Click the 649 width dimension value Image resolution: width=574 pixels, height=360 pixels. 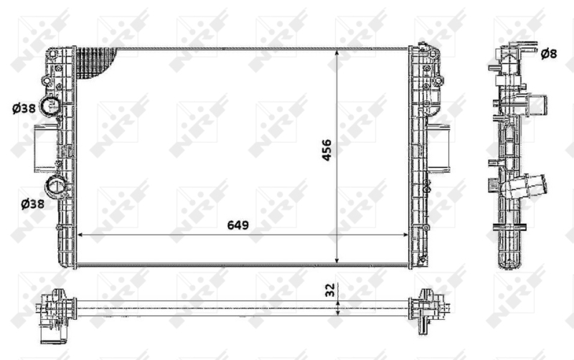pyautogui.click(x=237, y=225)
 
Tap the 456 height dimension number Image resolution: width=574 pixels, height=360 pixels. pyautogui.click(x=327, y=150)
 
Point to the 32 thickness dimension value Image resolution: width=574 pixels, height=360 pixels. pyautogui.click(x=330, y=290)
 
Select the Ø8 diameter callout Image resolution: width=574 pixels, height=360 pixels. pyautogui.click(x=548, y=53)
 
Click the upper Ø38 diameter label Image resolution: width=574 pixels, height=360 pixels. pyautogui.click(x=24, y=109)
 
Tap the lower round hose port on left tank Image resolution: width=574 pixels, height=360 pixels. pyautogui.click(x=56, y=188)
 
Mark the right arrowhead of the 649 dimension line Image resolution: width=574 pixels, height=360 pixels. pyautogui.click(x=405, y=235)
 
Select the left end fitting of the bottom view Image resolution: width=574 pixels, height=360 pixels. pyautogui.click(x=56, y=308)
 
